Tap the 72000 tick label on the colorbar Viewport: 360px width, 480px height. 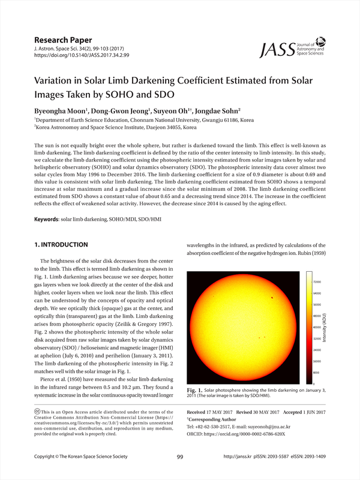coord(317,282)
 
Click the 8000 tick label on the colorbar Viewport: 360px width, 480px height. coord(317,373)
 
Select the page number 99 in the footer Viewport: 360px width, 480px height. coord(180,457)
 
